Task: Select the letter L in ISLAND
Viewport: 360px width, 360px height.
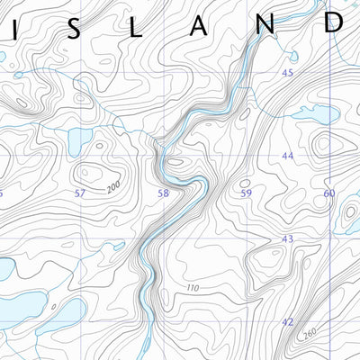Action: click(137, 28)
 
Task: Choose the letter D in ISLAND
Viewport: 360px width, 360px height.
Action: click(333, 22)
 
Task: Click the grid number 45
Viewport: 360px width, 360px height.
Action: click(288, 73)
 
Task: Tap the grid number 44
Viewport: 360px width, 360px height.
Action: click(288, 156)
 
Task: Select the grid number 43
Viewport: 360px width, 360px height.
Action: click(288, 238)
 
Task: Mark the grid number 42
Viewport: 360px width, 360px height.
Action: click(288, 321)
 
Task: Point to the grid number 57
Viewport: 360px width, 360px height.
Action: click(80, 193)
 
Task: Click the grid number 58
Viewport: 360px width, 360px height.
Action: click(163, 193)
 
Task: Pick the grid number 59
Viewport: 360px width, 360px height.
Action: click(246, 193)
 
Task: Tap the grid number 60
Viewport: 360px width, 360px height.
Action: click(328, 193)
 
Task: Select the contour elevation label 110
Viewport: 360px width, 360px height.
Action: click(192, 288)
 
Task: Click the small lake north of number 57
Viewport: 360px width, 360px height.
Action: click(78, 139)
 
